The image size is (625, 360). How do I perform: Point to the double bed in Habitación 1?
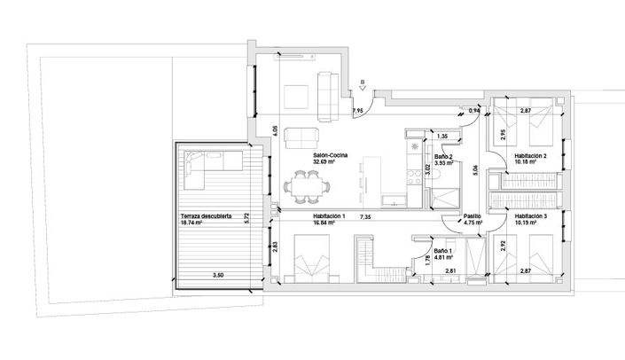click(301, 266)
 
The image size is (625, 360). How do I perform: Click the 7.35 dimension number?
click(365, 216)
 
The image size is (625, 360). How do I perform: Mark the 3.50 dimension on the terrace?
click(218, 278)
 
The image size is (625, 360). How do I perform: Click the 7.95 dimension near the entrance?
click(358, 111)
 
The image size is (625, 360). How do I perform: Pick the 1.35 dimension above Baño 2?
click(444, 136)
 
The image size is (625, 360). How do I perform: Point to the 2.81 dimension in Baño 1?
click(450, 270)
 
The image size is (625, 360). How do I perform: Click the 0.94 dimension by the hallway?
click(473, 111)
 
